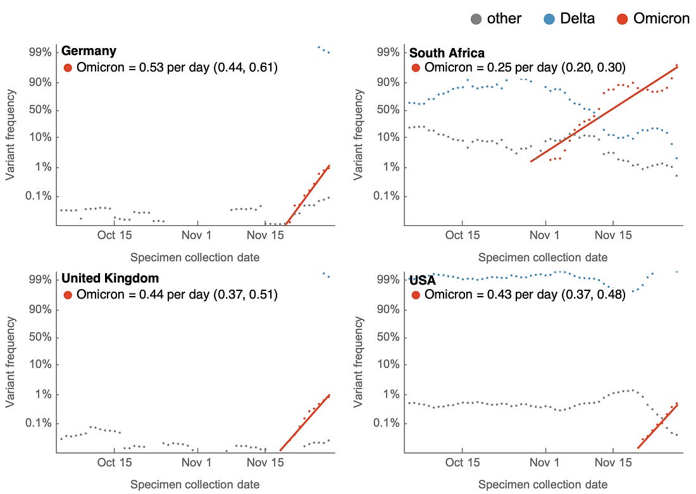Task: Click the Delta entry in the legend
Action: (568, 19)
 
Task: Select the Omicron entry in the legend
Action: (652, 19)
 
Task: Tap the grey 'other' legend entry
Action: (496, 19)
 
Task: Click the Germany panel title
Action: (89, 51)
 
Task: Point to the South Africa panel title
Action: (447, 53)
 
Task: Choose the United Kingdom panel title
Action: (110, 278)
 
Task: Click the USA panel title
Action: (423, 280)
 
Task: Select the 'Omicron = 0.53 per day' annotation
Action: (171, 68)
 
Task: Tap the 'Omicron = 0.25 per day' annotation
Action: (519, 68)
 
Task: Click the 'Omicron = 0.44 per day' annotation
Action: (171, 294)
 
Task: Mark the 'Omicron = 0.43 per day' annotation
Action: (519, 294)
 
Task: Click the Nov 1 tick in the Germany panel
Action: (198, 235)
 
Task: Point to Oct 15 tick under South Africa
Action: (463, 235)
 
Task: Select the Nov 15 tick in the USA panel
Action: (614, 462)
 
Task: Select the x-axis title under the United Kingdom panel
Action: (195, 485)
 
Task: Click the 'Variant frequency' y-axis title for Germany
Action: (11, 135)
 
